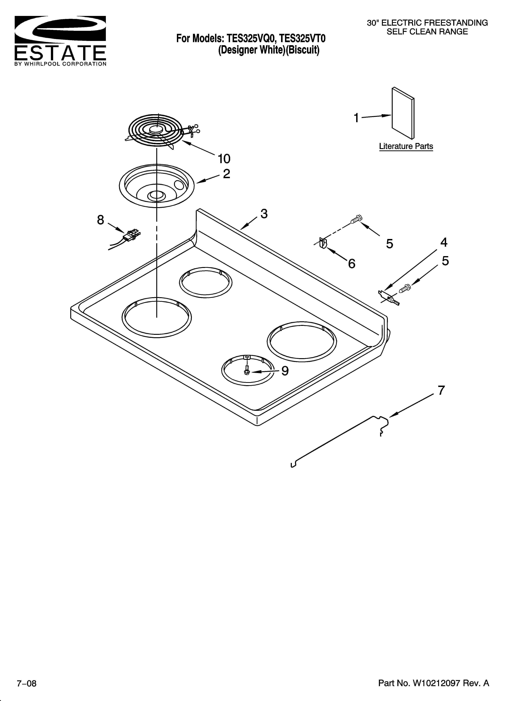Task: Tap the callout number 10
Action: [224, 159]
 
